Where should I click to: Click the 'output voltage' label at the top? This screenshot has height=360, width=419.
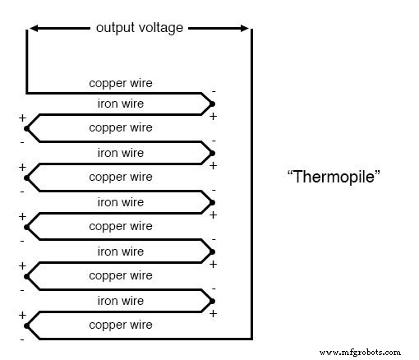tap(139, 28)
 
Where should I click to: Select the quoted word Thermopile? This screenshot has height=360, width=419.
tap(334, 177)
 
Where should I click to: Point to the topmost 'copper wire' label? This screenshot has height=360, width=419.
tap(120, 83)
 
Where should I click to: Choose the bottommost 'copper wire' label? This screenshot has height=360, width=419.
tap(120, 325)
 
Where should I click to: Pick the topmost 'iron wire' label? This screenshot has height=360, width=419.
tap(120, 104)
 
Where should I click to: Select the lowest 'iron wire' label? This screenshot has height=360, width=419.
tap(120, 301)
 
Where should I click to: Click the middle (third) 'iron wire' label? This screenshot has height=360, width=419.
tap(120, 202)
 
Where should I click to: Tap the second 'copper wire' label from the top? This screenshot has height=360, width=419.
tap(120, 128)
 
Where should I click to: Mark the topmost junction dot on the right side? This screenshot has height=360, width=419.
tap(212, 104)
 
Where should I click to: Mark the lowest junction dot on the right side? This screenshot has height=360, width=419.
tap(212, 301)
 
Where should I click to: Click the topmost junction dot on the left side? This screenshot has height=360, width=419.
tap(27, 128)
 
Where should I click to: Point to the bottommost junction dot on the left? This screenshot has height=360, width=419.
tap(27, 325)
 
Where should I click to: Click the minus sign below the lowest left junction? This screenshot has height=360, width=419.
tap(21, 338)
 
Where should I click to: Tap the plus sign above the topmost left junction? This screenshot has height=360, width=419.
tap(21, 118)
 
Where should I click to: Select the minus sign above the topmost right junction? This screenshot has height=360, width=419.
tap(214, 91)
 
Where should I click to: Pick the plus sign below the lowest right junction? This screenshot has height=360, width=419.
tap(214, 313)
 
